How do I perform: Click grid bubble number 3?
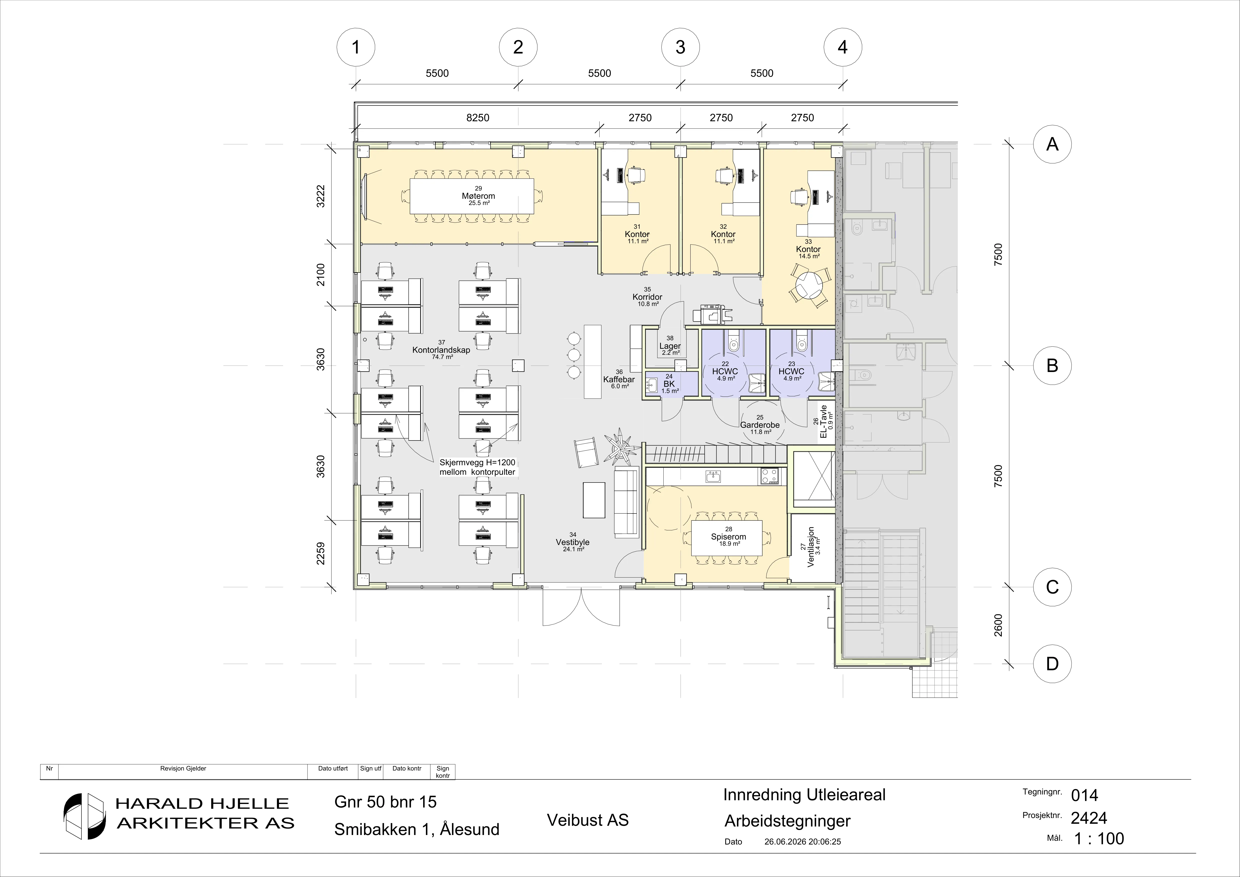(680, 47)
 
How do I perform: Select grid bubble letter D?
(1052, 664)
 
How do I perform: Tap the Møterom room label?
(478, 196)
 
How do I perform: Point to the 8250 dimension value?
(478, 118)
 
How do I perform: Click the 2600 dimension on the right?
(998, 625)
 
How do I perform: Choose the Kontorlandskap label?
(441, 350)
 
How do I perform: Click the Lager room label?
(670, 346)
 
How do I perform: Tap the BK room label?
(669, 384)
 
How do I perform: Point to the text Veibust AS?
(588, 820)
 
